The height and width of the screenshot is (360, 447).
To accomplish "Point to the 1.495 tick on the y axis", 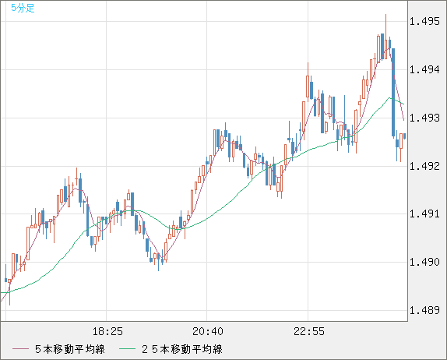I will pyautogui.click(x=424, y=22).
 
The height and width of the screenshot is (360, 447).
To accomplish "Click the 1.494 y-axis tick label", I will pyautogui.click(x=424, y=70).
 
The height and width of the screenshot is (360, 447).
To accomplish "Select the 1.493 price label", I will pyautogui.click(x=424, y=118).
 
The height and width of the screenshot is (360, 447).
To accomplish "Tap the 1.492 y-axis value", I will pyautogui.click(x=424, y=166).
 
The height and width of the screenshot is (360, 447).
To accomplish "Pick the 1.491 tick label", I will pyautogui.click(x=424, y=214).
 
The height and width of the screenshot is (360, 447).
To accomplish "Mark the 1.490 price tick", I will pyautogui.click(x=424, y=263).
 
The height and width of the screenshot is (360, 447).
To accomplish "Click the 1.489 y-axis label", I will pyautogui.click(x=424, y=311).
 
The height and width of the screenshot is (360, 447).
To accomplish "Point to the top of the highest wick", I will pyautogui.click(x=385, y=15).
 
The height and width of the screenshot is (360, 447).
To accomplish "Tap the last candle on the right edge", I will pyautogui.click(x=404, y=136).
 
